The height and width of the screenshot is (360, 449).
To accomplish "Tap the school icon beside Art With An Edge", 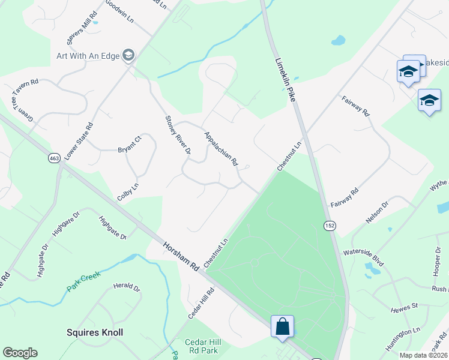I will (128, 56).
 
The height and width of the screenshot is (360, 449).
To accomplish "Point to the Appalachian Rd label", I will (221, 149).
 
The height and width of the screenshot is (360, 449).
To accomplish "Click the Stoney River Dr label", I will (177, 136).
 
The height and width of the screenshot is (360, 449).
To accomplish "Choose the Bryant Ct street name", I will (129, 145).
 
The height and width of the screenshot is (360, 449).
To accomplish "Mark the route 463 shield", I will (53, 158).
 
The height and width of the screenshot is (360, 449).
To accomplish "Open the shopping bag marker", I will (282, 327).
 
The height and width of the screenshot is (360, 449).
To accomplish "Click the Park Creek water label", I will (83, 281).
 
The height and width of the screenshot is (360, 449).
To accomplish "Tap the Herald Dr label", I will (127, 287).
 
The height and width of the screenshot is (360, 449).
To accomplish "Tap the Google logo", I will (20, 352).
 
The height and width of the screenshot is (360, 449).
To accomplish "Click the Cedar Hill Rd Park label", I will (203, 347).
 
